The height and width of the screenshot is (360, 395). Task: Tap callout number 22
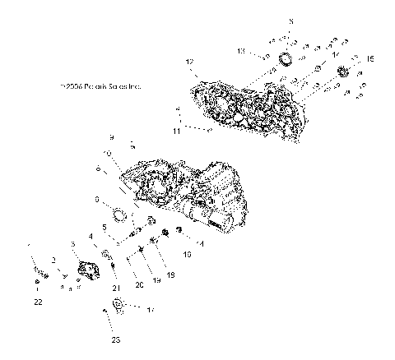pyautogui.click(x=38, y=302)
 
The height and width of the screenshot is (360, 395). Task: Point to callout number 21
pyautogui.click(x=115, y=287)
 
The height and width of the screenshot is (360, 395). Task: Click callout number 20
pyautogui.click(x=139, y=284)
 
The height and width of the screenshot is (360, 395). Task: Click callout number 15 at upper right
pyautogui.click(x=369, y=58)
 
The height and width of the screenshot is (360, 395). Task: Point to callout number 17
pyautogui.click(x=150, y=310)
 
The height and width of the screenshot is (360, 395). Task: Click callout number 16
pyautogui.click(x=186, y=256)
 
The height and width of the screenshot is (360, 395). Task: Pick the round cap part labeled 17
pyautogui.click(x=120, y=307)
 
